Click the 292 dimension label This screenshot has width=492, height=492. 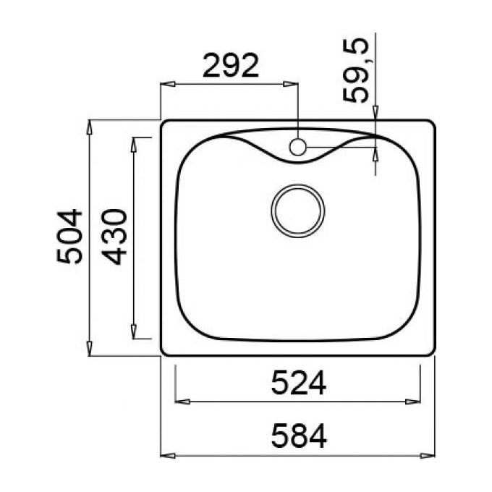tap(231, 66)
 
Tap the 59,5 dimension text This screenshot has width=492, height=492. tap(355, 70)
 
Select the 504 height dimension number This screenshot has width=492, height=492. tap(69, 237)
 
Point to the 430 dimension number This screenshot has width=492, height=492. tap(115, 237)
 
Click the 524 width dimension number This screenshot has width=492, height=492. tap(299, 383)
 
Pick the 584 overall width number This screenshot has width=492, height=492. tap(299, 436)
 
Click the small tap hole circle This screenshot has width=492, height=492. tap(297, 147)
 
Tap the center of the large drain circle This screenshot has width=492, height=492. tap(298, 211)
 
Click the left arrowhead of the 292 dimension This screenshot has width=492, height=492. tap(168, 84)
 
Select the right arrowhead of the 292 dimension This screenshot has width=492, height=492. tap(290, 84)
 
